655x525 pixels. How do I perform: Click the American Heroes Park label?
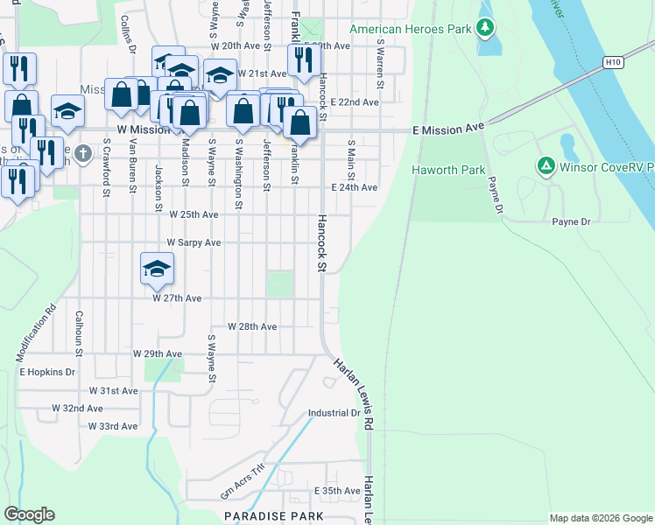click(410, 29)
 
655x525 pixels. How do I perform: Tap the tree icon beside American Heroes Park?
click(484, 29)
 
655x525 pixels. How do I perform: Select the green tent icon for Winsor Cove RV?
click(546, 164)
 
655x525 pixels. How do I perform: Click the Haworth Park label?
click(449, 171)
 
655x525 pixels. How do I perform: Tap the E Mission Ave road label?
click(447, 129)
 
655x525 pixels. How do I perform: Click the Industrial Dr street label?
click(335, 413)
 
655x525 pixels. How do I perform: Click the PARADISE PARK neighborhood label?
click(273, 517)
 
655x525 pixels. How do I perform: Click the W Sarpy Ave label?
click(194, 242)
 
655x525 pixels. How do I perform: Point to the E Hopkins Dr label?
click(47, 372)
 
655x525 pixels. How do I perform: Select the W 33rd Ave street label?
click(113, 426)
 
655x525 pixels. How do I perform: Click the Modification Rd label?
click(35, 333)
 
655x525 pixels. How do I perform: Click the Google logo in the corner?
click(30, 514)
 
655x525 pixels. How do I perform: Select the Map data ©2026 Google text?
click(600, 518)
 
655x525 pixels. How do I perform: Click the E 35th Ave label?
click(337, 492)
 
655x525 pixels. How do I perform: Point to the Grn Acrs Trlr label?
click(242, 481)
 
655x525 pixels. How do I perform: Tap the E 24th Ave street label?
click(354, 188)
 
